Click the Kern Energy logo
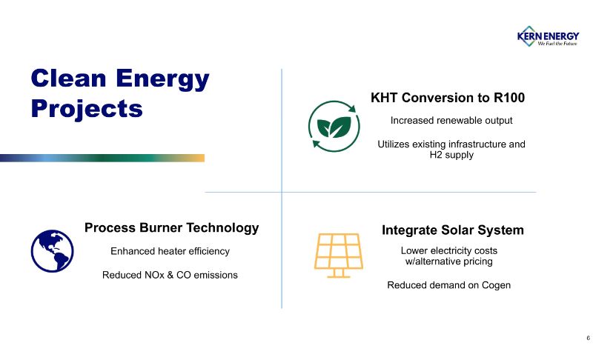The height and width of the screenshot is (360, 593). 548,36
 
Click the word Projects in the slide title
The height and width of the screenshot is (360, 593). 87,109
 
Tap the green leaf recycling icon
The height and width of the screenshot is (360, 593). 334,126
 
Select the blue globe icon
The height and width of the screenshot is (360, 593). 52,251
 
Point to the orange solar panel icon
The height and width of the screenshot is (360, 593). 339,256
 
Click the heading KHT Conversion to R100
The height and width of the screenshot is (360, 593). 448,98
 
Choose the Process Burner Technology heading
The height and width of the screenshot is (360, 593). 172,228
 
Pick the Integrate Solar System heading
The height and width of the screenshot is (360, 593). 453,230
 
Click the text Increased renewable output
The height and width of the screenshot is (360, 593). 451,121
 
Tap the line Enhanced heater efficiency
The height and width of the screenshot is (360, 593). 170,251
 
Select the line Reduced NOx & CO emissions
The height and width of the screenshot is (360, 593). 170,275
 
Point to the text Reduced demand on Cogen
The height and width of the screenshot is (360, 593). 449,285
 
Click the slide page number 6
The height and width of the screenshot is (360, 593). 588,338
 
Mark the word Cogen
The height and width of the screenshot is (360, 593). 496,285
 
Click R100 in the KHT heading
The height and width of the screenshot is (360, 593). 509,98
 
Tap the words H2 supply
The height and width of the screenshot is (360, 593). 451,155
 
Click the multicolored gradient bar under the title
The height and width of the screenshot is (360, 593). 102,158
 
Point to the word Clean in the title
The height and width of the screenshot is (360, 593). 68,79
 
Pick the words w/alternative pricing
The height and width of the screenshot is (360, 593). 449,261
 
